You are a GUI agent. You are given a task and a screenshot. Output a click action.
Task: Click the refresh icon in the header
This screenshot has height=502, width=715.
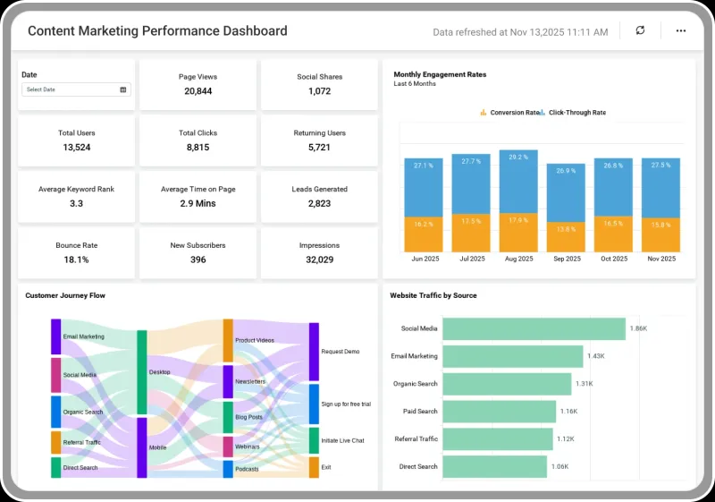(640, 30)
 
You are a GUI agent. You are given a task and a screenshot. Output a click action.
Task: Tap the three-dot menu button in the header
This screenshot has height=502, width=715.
(681, 30)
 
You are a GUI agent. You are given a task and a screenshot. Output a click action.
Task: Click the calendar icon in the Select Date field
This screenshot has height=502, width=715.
(123, 89)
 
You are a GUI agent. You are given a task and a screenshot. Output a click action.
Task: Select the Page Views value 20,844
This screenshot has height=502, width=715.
(198, 91)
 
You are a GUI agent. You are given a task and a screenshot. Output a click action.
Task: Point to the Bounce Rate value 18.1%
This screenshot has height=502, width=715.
(76, 260)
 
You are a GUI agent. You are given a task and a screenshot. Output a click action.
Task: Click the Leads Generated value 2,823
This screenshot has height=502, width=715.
(319, 203)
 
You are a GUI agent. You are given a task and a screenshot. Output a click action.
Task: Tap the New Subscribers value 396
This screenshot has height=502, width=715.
(198, 260)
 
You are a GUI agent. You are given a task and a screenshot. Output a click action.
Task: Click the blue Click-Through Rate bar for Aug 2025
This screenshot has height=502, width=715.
(518, 182)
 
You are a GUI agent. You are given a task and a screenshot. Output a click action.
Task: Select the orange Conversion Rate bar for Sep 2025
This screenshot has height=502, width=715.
(566, 237)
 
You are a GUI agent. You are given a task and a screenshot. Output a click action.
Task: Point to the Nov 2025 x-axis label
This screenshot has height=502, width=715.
(661, 259)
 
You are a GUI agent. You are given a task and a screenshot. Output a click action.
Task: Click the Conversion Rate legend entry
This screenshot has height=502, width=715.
(509, 112)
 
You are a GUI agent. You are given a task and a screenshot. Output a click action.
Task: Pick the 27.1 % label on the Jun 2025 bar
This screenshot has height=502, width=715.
(424, 166)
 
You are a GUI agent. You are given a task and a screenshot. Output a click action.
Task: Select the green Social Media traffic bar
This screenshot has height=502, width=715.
(534, 329)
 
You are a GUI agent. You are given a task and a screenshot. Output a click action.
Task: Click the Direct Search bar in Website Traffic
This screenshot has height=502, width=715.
(495, 467)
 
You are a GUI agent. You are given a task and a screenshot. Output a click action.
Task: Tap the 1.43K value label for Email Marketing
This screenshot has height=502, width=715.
(596, 356)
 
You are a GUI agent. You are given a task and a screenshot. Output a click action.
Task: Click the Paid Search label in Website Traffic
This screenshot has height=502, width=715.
(420, 412)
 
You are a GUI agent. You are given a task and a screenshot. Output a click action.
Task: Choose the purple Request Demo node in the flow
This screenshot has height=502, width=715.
(315, 352)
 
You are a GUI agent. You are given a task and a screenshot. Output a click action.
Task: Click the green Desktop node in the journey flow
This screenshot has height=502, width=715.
(142, 372)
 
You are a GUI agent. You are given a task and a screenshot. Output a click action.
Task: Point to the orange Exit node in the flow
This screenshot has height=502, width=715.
(315, 467)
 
